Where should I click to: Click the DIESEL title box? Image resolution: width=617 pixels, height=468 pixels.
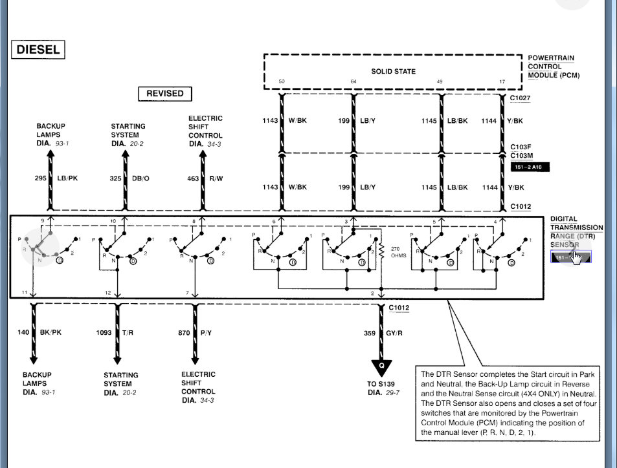tap(38, 50)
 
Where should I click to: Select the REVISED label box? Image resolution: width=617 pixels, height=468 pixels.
tap(164, 94)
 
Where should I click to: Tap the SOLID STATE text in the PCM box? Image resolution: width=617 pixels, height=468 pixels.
tap(393, 71)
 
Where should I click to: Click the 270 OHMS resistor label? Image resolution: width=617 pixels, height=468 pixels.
tap(398, 251)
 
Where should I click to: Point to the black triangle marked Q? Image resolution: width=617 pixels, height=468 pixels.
tap(381, 366)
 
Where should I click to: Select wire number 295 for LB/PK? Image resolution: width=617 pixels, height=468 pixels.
tap(40, 178)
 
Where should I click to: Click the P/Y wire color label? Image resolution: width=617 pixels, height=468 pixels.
tap(206, 333)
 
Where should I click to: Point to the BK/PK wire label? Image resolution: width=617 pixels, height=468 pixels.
tap(50, 333)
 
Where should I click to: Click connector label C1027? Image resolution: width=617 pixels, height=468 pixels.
tap(520, 98)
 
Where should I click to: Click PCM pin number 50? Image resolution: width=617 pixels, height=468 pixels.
tap(282, 81)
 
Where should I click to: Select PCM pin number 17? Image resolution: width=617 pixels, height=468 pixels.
tap(502, 81)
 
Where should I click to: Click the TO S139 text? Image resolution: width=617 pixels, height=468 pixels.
tap(381, 383)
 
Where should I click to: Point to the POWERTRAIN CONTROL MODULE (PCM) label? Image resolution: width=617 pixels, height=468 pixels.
tap(553, 67)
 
